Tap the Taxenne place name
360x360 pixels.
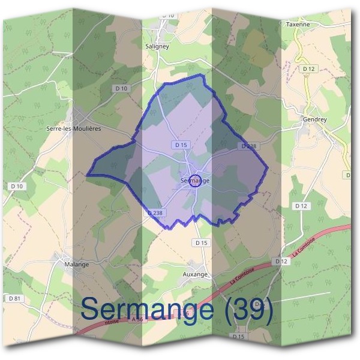(x=298, y=25)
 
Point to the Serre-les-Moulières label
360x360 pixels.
(x=73, y=128)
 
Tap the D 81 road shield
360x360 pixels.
(x=15, y=298)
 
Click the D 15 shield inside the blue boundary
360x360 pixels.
(x=181, y=145)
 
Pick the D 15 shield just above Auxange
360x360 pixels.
(x=202, y=242)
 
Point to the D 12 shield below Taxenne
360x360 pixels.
(x=309, y=69)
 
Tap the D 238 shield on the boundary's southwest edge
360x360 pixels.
(x=155, y=213)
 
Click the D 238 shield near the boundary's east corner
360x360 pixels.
(x=248, y=146)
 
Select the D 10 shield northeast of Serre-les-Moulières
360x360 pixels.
(x=121, y=88)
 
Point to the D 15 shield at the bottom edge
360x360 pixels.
(x=239, y=337)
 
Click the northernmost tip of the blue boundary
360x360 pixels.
(x=203, y=75)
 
